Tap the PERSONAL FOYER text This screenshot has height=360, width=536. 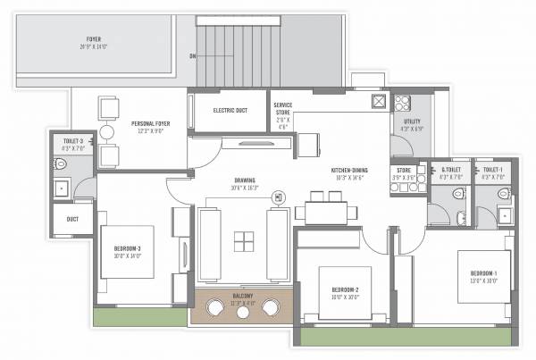pos(150,124)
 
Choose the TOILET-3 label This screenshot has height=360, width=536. pos(73,142)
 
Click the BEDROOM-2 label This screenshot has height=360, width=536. pos(344,290)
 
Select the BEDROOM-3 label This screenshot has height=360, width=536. pos(127,248)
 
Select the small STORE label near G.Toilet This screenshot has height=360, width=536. pos(403,169)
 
